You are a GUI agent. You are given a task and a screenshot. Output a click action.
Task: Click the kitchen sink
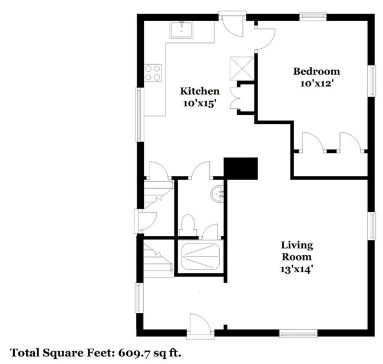click(181, 30)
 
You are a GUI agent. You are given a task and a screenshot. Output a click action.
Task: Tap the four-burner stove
click(153, 73)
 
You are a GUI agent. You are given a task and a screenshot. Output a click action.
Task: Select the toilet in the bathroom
click(187, 225)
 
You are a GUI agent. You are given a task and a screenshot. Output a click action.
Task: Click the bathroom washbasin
click(217, 194)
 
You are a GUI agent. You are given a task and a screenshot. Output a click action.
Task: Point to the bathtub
click(201, 256)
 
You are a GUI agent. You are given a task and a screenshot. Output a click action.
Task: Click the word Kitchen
click(200, 91)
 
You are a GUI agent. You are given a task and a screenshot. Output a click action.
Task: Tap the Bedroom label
click(316, 71)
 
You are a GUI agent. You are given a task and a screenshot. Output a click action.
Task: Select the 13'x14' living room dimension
click(296, 269)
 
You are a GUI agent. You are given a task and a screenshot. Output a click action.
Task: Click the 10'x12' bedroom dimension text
click(317, 84)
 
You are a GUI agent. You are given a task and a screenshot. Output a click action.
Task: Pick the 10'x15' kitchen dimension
click(200, 103)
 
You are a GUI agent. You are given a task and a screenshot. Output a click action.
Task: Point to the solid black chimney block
click(241, 169)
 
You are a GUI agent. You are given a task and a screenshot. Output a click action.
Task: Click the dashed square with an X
click(242, 69)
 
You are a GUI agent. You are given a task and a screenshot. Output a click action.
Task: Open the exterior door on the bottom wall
click(200, 326)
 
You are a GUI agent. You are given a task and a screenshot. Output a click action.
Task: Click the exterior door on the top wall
click(233, 24)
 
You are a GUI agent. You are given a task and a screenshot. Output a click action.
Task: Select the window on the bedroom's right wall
click(372, 81)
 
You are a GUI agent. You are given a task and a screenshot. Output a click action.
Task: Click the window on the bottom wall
click(298, 333)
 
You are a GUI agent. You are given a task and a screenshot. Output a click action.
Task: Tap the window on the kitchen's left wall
click(140, 114)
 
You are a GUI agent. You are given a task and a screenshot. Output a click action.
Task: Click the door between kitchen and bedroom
click(265, 39)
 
